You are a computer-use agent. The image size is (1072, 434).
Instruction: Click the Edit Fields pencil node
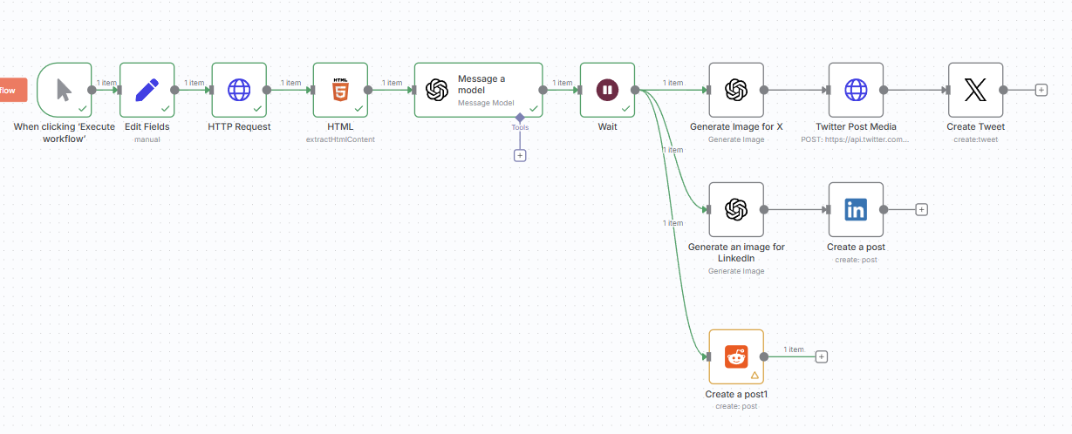147,89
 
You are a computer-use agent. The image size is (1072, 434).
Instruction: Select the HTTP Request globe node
239,89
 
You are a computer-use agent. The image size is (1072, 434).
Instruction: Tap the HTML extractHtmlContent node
340,89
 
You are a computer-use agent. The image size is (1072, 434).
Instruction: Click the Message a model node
478,89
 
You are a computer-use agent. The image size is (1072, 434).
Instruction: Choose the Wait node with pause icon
607,89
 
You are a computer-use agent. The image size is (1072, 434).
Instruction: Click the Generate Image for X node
736,89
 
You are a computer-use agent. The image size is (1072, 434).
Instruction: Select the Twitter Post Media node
856,89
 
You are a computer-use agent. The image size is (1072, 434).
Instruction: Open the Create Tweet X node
975,89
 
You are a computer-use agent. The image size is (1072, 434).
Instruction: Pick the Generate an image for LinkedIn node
736,209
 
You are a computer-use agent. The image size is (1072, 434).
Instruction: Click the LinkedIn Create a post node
856,209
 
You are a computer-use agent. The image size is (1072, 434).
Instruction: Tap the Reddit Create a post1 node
736,356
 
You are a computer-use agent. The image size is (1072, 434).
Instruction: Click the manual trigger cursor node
65,89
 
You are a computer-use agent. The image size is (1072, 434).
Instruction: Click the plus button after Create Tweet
1041,90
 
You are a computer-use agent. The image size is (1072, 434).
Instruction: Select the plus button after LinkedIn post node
921,209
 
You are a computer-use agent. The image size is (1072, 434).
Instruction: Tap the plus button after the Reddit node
821,356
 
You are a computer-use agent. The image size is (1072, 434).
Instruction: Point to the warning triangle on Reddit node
754,375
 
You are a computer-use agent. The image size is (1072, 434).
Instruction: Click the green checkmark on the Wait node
625,108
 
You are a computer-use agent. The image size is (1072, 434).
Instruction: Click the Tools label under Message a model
520,127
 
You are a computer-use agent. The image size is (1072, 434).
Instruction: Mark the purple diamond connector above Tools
520,116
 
